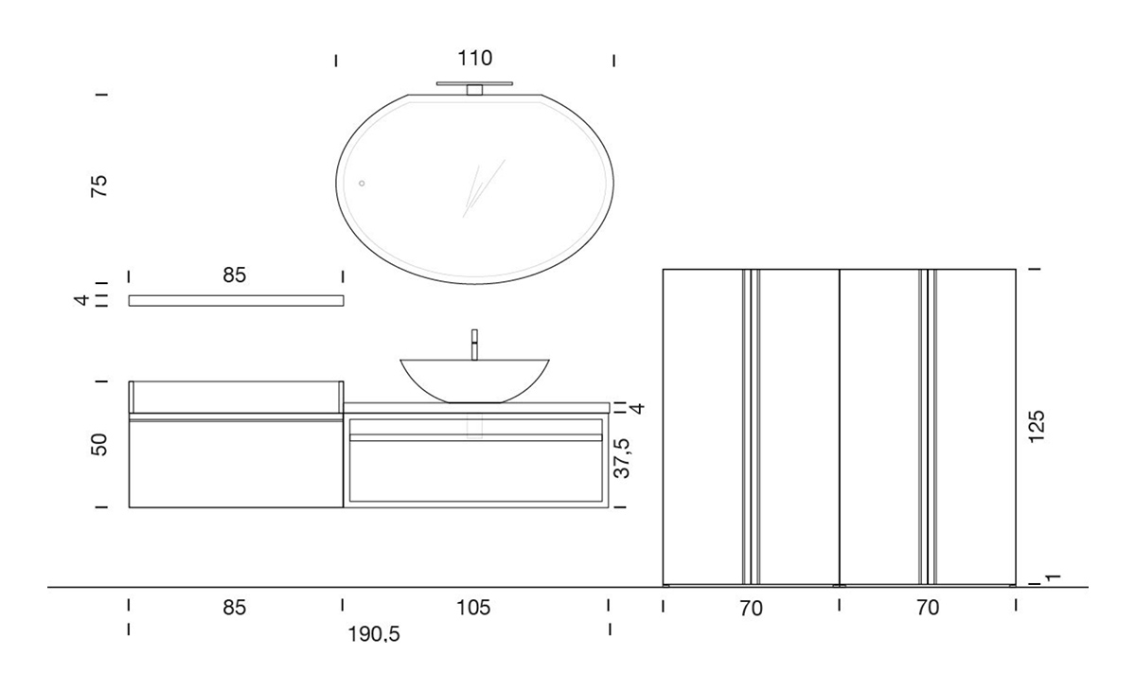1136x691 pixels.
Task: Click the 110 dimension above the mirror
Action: [475, 59]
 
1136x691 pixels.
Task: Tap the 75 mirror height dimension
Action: [100, 185]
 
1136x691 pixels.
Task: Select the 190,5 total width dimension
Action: [375, 635]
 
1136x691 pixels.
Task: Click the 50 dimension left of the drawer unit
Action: [100, 444]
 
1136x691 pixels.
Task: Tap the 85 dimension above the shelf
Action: [235, 275]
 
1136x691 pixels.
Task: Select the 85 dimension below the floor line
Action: [235, 608]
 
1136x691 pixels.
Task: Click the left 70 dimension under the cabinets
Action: [751, 608]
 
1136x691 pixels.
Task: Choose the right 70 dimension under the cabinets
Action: [928, 608]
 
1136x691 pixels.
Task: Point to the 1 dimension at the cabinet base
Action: [1053, 577]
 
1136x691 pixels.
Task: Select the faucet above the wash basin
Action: [473, 345]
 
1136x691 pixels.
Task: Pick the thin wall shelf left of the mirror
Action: [236, 301]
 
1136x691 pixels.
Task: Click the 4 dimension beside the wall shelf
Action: [83, 300]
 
